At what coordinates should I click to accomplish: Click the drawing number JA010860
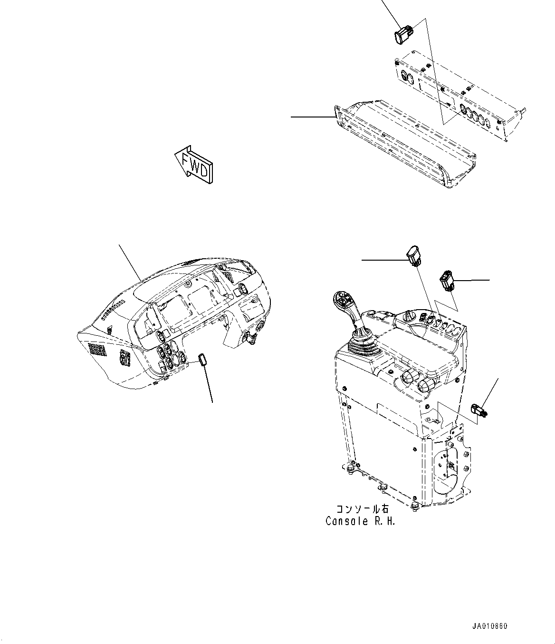490,626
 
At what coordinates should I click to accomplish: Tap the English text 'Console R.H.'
361,521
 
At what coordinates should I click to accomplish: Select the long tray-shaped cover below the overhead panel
404,143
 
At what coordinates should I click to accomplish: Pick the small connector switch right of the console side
479,410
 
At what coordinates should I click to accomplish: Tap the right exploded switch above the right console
447,280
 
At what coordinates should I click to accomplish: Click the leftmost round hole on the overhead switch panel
405,76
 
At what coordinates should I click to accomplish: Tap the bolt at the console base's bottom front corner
415,505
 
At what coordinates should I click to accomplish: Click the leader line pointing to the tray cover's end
311,117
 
